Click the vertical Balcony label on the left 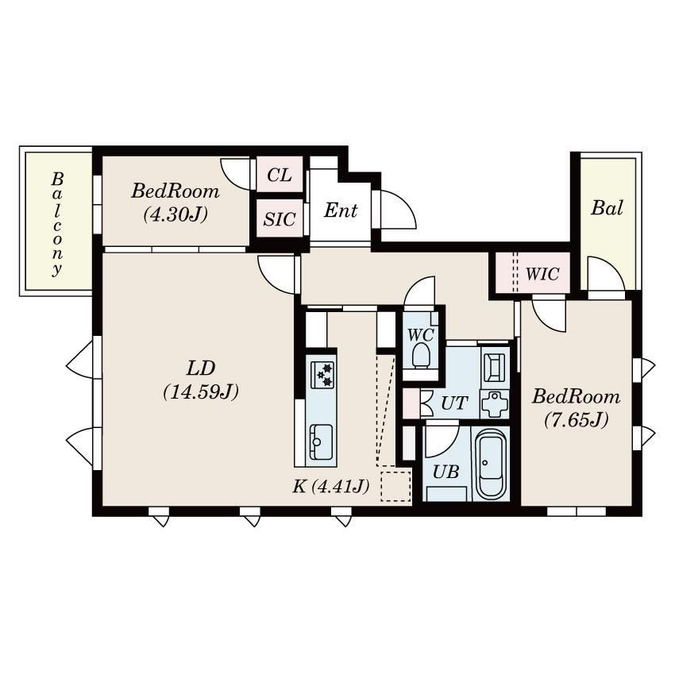tap(57, 224)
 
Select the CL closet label tap(279, 175)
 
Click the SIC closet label tap(279, 219)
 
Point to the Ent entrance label tap(341, 211)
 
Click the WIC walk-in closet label tap(542, 275)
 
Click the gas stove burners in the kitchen tap(323, 374)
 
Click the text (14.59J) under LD tap(201, 391)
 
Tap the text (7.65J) tap(576, 420)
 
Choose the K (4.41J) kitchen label tap(330, 487)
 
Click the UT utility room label tap(453, 403)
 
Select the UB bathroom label tap(446, 471)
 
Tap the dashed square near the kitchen tap(395, 487)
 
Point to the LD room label tap(201, 368)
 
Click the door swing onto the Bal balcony tap(600, 273)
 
